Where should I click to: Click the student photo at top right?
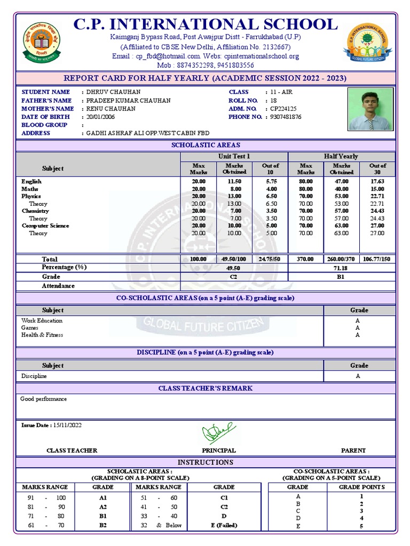pyautogui.click(x=369, y=109)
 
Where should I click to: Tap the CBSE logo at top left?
pyautogui.click(x=42, y=43)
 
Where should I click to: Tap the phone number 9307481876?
pyautogui.click(x=286, y=117)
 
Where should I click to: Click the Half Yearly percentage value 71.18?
pyautogui.click(x=342, y=268)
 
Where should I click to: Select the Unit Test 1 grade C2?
pyautogui.click(x=234, y=277)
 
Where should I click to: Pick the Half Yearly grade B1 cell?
pyautogui.click(x=342, y=277)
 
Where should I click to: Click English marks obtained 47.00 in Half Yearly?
pyautogui.click(x=342, y=182)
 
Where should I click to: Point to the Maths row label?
pyautogui.click(x=30, y=189)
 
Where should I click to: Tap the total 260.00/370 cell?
pyautogui.click(x=342, y=259)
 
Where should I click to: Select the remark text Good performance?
pyautogui.click(x=44, y=399)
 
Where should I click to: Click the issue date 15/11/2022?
pyautogui.click(x=67, y=425)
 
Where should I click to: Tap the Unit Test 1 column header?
pyautogui.click(x=234, y=156)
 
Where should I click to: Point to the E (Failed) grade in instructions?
pyautogui.click(x=224, y=525)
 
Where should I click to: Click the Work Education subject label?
pyautogui.click(x=42, y=320)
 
